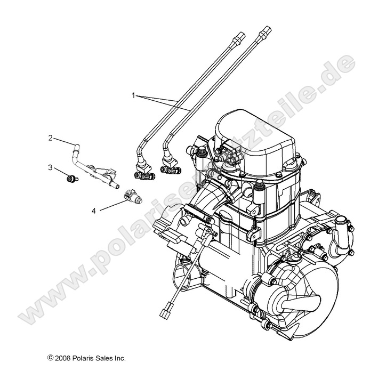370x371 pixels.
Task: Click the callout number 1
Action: [x=134, y=95]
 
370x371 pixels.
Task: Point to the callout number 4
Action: [x=94, y=211]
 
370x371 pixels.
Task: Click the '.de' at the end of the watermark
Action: [x=336, y=69]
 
